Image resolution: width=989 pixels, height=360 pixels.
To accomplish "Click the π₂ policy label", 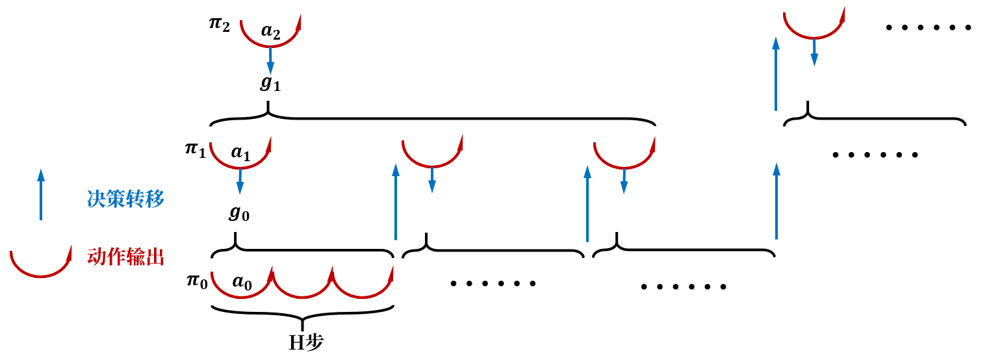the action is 219,25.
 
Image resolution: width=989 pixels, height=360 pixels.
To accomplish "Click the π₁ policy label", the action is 195,149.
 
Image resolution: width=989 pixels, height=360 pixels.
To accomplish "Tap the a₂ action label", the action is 271,31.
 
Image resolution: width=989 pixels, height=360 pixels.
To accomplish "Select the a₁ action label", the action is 240,153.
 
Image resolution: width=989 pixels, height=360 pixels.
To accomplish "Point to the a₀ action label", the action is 242,282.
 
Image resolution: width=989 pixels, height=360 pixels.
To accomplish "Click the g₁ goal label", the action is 270,84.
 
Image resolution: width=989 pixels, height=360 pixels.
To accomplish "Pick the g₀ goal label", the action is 238,213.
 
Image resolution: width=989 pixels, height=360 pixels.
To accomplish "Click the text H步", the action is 306,342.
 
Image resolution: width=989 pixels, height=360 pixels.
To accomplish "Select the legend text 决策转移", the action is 125,199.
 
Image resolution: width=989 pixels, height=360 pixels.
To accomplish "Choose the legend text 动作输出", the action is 125,257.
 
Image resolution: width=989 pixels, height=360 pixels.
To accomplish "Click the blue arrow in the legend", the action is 41,194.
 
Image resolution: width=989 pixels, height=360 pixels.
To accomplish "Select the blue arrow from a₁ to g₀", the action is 240,181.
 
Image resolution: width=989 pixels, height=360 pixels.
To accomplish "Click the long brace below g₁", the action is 432,119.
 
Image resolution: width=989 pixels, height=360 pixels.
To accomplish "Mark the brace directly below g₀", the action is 303,248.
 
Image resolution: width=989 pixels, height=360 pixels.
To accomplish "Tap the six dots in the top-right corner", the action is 928,28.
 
